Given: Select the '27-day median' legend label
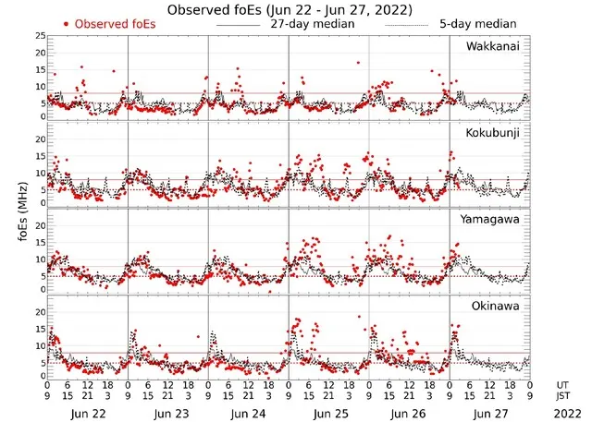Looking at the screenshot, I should (x=313, y=23).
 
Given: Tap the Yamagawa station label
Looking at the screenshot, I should (x=492, y=220).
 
